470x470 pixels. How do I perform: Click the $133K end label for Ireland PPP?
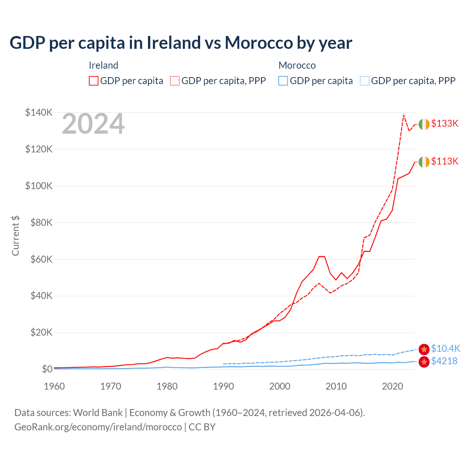point(445,124)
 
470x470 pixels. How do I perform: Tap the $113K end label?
point(445,162)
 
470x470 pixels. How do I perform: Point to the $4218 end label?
point(444,361)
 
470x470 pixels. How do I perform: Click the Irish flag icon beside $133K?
point(424,124)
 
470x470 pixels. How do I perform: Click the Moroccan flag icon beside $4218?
point(424,362)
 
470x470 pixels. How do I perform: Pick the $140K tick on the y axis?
point(39,112)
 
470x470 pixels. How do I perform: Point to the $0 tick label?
point(47,369)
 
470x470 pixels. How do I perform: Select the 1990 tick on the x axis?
point(223,386)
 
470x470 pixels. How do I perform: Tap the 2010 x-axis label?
point(336,386)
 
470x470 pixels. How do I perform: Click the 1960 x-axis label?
point(54,386)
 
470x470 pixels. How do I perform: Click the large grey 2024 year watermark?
point(93,124)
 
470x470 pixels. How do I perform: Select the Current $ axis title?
point(15,236)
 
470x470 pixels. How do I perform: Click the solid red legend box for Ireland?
point(94,81)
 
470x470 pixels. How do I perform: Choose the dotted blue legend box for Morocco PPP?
point(364,81)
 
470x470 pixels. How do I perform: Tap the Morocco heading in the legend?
point(297,65)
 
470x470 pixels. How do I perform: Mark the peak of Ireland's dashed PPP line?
point(404,115)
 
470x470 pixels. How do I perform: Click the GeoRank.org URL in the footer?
point(98,427)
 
